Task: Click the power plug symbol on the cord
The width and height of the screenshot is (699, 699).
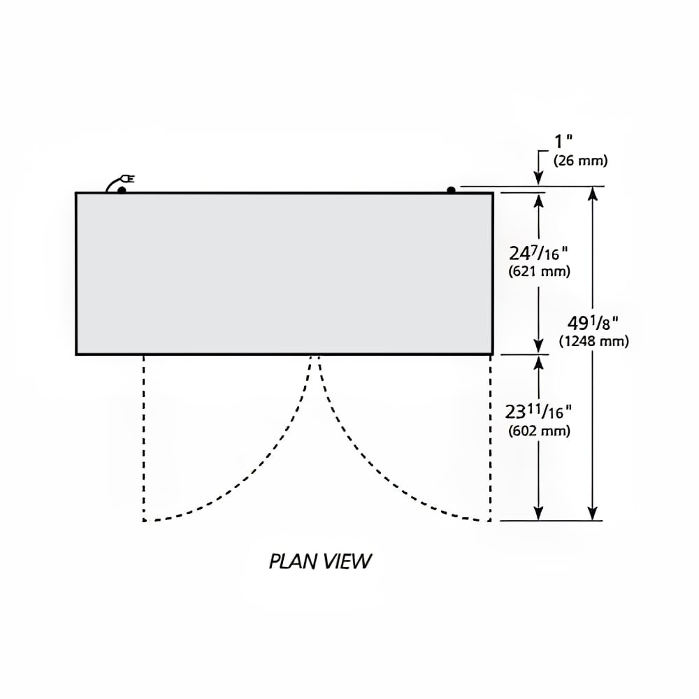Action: (129, 179)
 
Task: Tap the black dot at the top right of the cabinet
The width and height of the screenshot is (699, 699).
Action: (451, 190)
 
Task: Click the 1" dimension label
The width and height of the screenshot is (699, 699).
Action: (563, 142)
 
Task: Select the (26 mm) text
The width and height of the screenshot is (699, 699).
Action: (580, 161)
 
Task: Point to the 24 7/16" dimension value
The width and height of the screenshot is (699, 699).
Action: (538, 254)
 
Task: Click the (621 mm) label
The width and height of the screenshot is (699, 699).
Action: (540, 271)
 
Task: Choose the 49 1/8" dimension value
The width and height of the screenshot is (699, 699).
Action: (593, 323)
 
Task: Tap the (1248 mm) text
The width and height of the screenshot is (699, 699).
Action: (593, 341)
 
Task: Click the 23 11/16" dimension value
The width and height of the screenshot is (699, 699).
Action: (538, 412)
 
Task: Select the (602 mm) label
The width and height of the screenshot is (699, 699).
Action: (540, 431)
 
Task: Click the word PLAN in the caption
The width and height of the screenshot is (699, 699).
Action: (294, 561)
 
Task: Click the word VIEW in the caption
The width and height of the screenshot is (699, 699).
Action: (347, 561)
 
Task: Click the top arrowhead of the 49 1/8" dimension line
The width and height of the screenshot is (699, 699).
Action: (593, 194)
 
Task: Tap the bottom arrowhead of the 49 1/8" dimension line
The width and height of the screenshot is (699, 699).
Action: (593, 512)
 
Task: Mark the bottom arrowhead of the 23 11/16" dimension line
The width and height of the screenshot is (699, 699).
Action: (538, 512)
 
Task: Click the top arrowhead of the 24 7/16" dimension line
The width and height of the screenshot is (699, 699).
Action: (538, 201)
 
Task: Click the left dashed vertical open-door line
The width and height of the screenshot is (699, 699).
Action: (143, 438)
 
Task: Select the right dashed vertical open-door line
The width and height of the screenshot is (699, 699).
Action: (490, 438)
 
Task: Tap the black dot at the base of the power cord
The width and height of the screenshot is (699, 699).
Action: (122, 190)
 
